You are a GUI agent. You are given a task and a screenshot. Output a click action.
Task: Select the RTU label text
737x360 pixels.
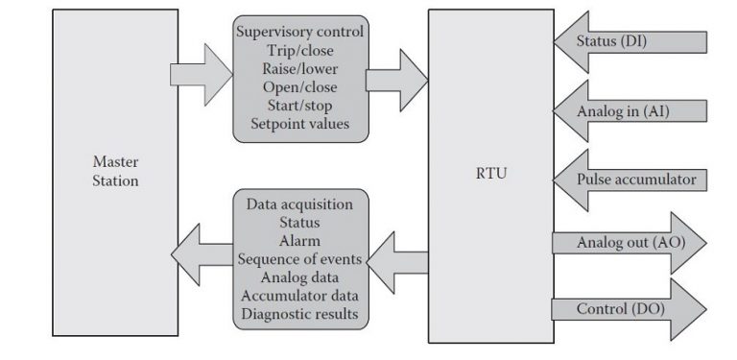[x=490, y=177]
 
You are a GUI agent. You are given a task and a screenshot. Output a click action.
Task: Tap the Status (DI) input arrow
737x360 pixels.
[x=629, y=42]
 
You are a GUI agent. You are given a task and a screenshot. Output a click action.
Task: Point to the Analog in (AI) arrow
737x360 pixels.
[x=629, y=111]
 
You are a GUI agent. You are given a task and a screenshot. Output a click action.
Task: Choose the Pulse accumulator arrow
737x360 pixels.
[x=629, y=179]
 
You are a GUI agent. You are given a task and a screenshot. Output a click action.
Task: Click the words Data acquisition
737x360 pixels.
[x=299, y=204]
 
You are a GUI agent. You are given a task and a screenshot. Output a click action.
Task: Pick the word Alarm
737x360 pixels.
[x=299, y=240]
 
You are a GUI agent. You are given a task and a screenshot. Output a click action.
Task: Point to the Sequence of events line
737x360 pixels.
[x=299, y=258]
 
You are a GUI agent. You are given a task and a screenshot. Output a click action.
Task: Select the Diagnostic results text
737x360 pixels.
[x=299, y=313]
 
